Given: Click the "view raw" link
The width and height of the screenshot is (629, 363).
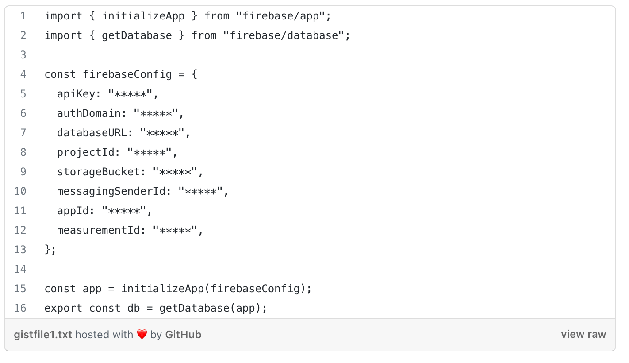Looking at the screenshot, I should [x=583, y=335].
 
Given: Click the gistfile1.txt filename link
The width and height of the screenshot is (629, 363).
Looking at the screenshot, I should [x=43, y=335].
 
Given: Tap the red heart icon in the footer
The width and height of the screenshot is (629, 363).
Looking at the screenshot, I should [x=142, y=335].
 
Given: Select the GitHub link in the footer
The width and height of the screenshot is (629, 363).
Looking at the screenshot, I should [x=183, y=335].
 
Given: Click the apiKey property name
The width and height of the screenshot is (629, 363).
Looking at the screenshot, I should [x=76, y=94].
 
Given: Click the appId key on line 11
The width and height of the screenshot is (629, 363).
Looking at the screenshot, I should [x=73, y=211].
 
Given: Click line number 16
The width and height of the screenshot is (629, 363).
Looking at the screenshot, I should [x=20, y=308].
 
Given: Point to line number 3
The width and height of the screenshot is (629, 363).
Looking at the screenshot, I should [x=23, y=55].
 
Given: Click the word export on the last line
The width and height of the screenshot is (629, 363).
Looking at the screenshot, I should [x=63, y=308].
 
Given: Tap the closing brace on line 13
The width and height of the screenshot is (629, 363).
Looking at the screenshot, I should [x=48, y=250].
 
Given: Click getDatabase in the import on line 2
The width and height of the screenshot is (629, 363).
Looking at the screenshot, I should [x=137, y=35].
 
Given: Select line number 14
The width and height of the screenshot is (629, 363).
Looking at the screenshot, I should [x=20, y=269].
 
